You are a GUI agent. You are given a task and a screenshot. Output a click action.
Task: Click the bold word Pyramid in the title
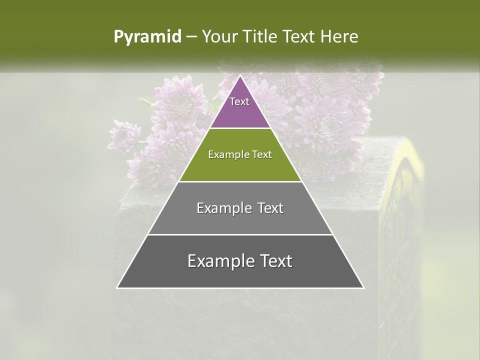(147, 37)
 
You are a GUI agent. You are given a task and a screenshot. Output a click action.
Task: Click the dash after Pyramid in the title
(191, 37)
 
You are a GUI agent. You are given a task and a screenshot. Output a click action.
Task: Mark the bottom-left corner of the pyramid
(117, 287)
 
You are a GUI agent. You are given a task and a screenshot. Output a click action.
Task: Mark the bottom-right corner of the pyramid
(363, 287)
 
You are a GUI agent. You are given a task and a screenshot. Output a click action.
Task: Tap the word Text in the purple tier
(239, 101)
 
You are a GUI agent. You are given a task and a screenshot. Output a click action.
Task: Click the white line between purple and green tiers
(240, 128)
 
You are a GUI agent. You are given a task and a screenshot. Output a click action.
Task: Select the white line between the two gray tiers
(240, 234)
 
